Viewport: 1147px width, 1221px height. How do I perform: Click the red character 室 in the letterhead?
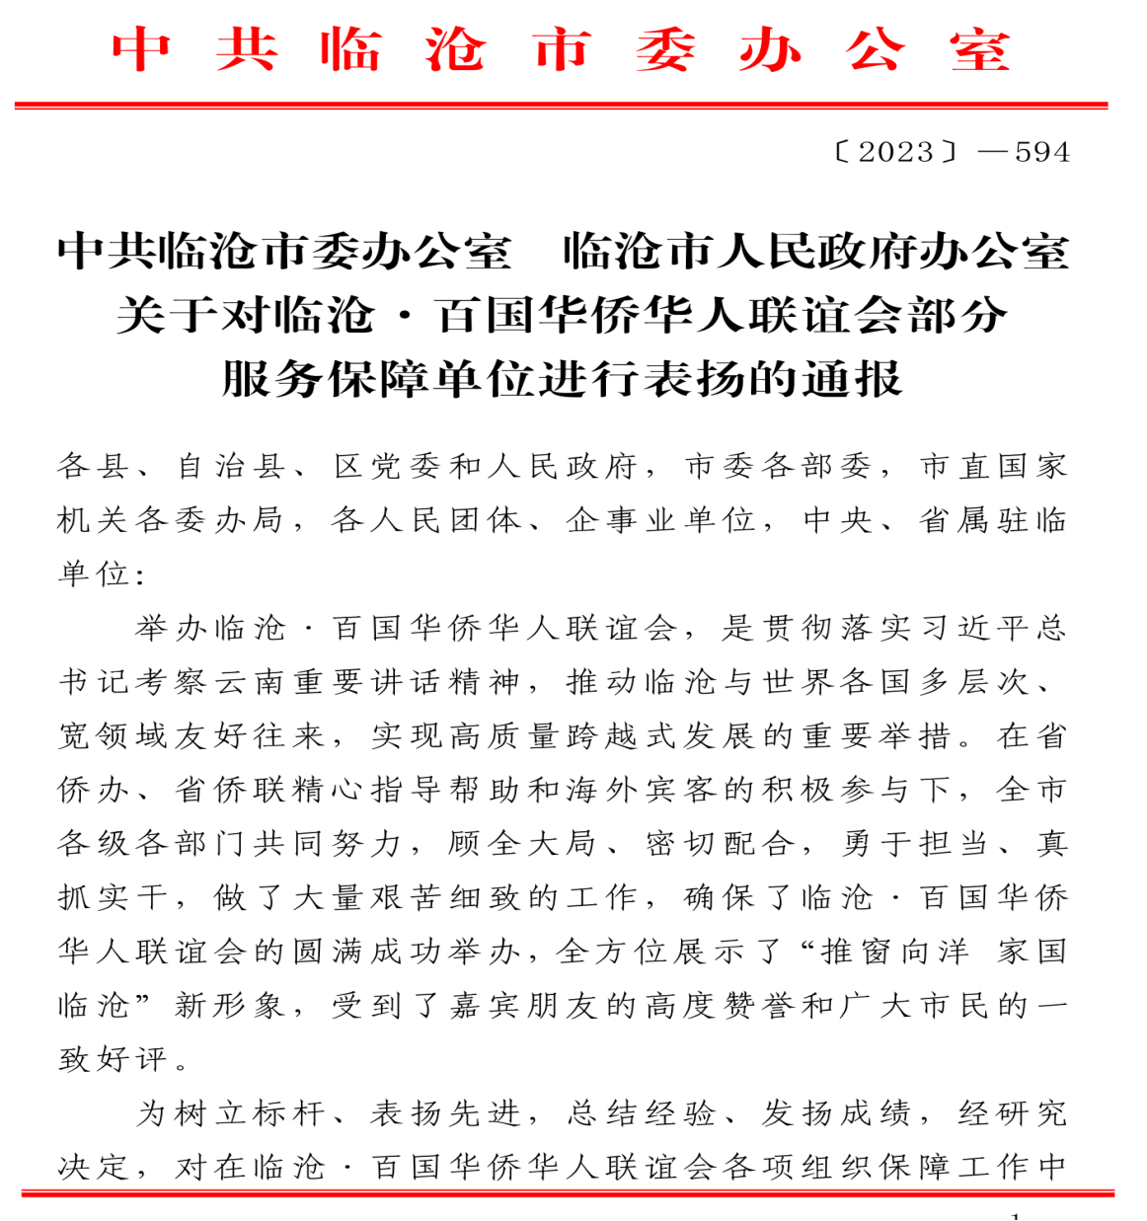[980, 49]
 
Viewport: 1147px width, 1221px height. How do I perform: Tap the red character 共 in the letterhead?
[246, 49]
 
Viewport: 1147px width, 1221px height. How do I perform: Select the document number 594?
[1042, 152]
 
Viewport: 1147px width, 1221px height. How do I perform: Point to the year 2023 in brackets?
[895, 152]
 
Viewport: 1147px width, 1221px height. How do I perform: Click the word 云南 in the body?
[256, 682]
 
